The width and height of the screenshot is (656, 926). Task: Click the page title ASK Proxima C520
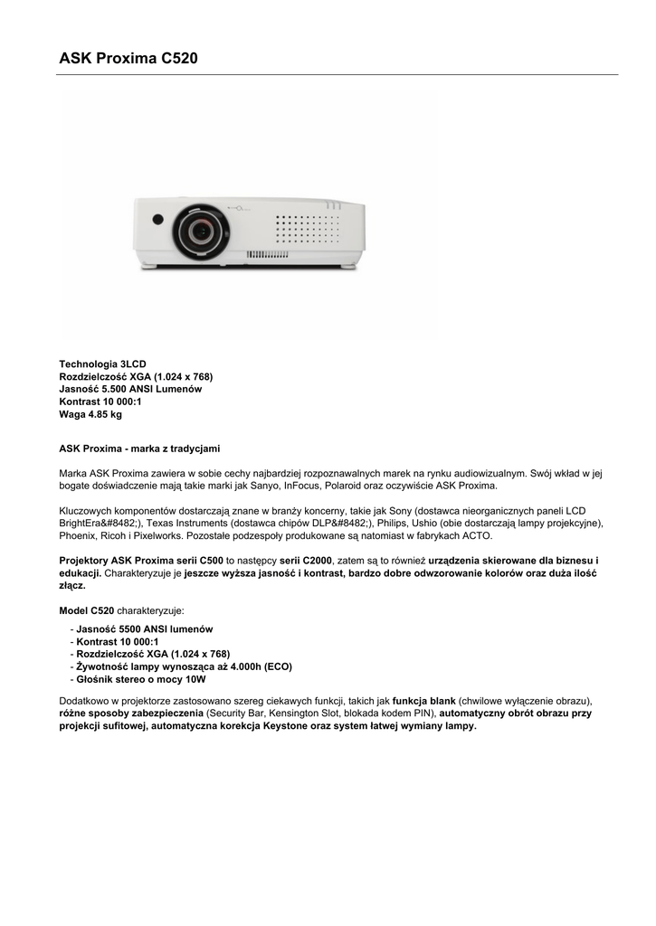[x=128, y=59]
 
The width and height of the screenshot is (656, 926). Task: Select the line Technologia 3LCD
[x=102, y=364]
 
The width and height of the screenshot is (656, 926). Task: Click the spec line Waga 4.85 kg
[x=90, y=414]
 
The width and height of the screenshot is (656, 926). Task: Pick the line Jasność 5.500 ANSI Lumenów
[x=130, y=389]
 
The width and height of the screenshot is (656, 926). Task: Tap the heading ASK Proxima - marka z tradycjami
[x=139, y=449]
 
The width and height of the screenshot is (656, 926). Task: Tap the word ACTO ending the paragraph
[x=477, y=535]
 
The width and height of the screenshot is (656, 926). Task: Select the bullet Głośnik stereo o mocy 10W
[x=141, y=679]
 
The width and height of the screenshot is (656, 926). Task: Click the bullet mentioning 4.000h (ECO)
[x=184, y=666]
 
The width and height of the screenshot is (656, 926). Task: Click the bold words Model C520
[x=86, y=611]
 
